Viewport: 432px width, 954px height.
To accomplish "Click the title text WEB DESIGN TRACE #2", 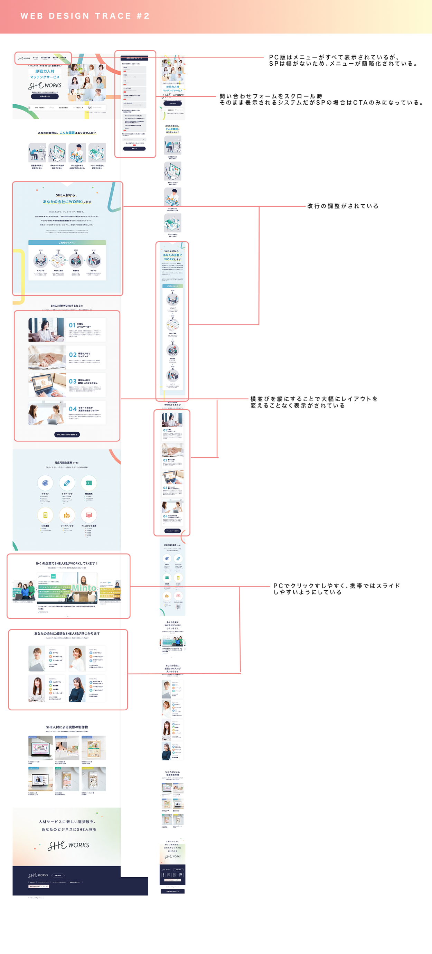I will coord(85,16).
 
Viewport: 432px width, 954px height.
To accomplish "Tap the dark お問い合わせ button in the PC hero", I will coord(45,96).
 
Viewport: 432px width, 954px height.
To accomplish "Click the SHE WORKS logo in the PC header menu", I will coord(24,58).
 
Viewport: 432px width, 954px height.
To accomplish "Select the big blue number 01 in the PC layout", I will coord(72,325).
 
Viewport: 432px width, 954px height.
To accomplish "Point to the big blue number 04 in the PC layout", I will coord(73,409).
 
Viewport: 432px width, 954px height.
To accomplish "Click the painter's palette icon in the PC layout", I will coord(45,483).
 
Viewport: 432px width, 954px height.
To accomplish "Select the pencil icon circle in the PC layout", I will coord(67,483).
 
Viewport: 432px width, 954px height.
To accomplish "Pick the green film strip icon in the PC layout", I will coord(89,483).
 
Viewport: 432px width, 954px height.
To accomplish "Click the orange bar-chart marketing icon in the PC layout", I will coord(67,515).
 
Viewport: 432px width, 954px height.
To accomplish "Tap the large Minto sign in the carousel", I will coord(84,588).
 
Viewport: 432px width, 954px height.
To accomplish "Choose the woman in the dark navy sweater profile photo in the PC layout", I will coord(77,690).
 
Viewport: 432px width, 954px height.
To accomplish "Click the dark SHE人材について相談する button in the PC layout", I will coord(67,434).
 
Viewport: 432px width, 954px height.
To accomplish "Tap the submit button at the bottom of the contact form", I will coord(134,149).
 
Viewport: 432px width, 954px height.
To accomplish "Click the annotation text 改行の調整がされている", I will coord(343,206).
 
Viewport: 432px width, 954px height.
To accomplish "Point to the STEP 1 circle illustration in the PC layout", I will coord(41,261).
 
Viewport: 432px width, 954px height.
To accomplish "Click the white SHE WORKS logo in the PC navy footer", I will coord(38,876).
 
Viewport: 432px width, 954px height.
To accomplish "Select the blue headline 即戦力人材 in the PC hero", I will coord(45,71).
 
